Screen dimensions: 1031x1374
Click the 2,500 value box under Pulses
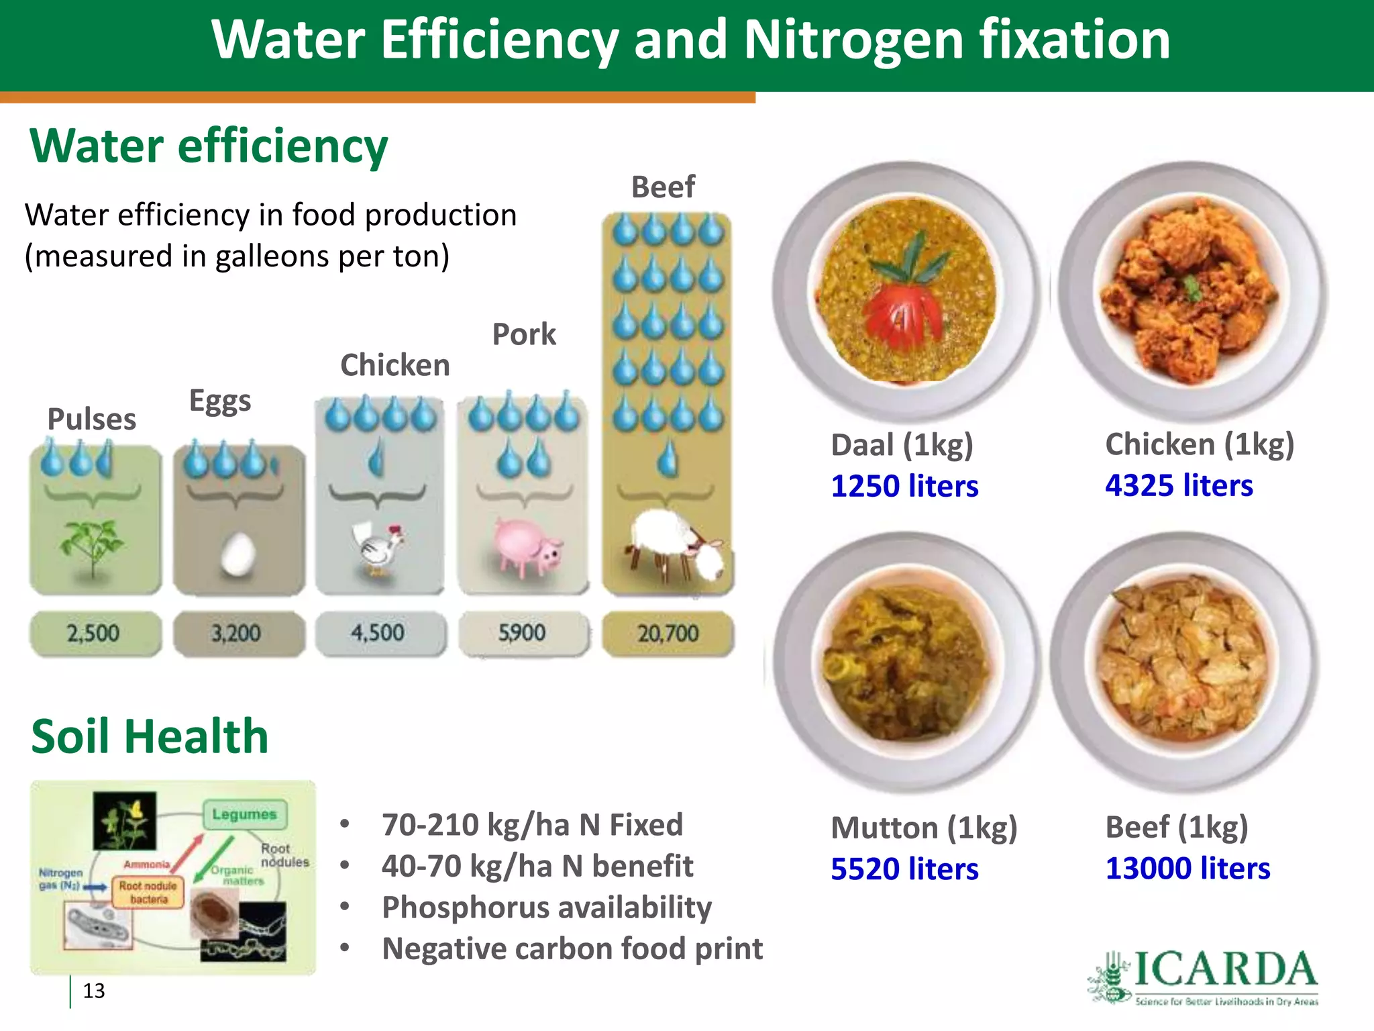coord(95,633)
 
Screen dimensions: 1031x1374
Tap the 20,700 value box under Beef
coord(668,633)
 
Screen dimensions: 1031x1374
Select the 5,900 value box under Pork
coord(523,633)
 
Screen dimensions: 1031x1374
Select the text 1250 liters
coord(904,486)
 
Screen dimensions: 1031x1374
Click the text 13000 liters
coord(1187,869)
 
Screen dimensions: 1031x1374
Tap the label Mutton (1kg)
coord(924,828)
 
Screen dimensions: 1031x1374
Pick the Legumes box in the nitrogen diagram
coord(245,814)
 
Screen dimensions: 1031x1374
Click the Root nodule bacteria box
coord(148,893)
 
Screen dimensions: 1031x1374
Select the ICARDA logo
coord(1203,977)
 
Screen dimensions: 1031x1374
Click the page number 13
coord(94,991)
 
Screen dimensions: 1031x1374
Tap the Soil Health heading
coord(150,736)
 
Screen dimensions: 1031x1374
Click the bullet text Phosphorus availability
coord(546,907)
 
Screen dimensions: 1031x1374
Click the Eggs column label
coord(220,401)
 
